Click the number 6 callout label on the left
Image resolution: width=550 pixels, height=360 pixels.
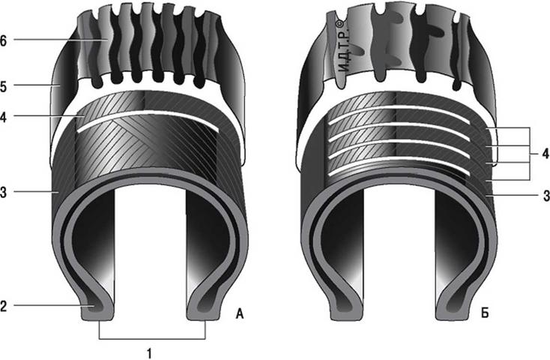(3, 40)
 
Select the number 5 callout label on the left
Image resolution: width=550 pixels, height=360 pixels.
(3, 87)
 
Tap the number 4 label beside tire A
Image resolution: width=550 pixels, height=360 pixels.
(3, 117)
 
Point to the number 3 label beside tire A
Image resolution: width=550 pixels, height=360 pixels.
(3, 192)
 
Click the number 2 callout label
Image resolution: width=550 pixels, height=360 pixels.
(3, 306)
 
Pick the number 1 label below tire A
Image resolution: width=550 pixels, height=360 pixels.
(149, 353)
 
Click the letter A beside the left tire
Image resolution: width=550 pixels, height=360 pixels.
(240, 313)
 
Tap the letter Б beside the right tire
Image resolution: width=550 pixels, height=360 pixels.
(484, 313)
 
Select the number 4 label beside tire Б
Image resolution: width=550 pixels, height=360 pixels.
(546, 154)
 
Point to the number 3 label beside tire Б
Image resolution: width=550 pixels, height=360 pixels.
(546, 196)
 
